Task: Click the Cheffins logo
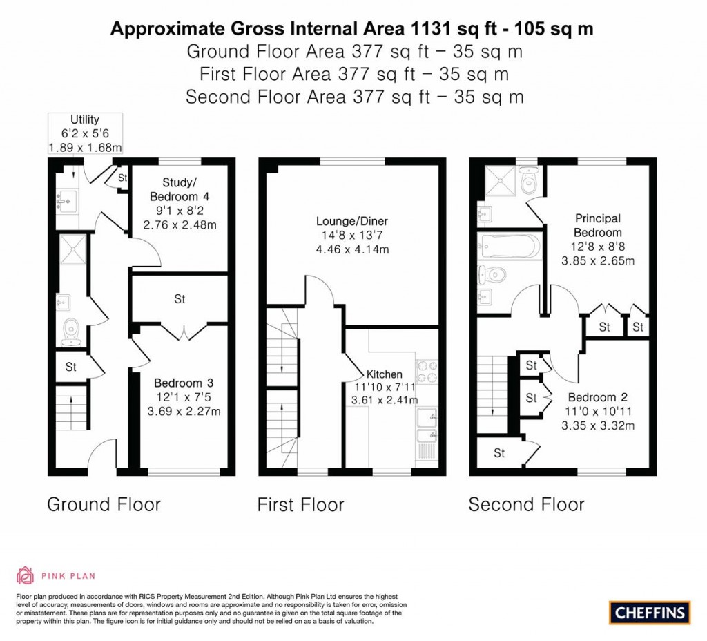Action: point(650,611)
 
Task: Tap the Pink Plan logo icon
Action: point(25,575)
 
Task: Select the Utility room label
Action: point(85,119)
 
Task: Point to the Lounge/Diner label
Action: point(352,222)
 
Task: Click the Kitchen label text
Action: point(385,374)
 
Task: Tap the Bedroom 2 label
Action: point(597,397)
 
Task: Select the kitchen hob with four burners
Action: point(426,373)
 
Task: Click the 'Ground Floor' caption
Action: point(104,504)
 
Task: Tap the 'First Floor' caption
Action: point(300,504)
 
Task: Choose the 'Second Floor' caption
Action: point(526,504)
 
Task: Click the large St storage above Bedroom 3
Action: point(180,300)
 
